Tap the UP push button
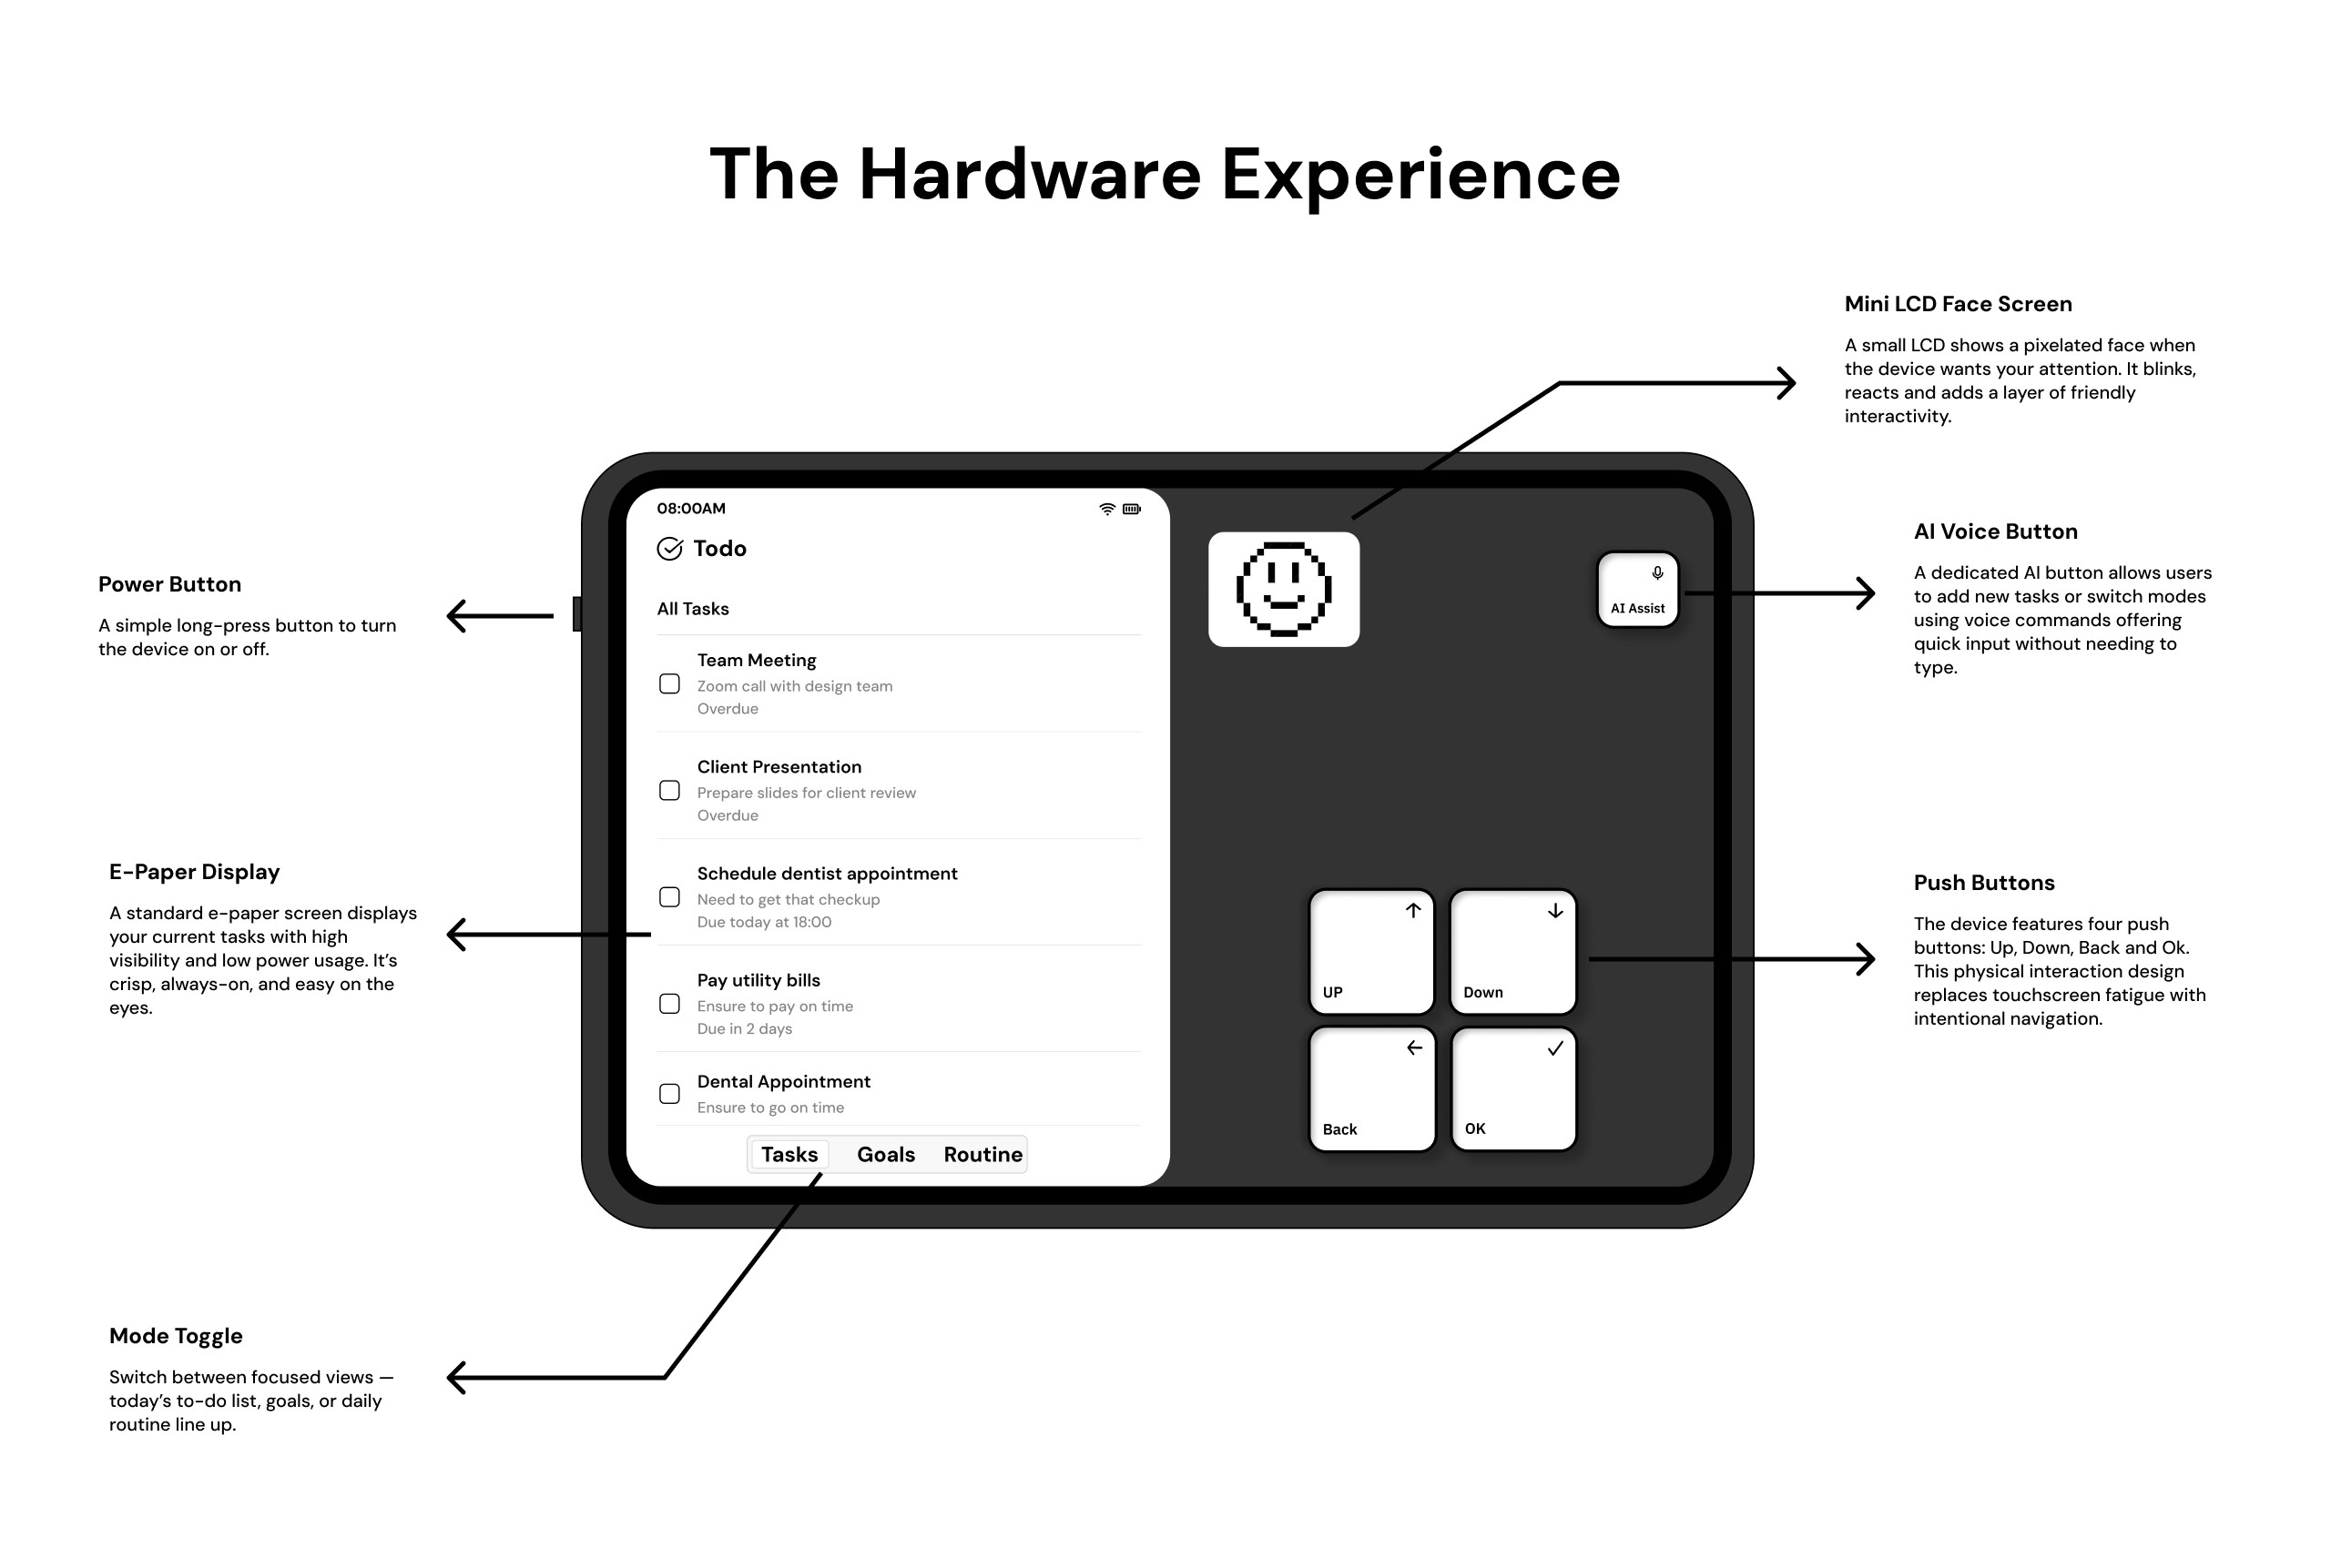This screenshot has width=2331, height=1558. coord(1370,951)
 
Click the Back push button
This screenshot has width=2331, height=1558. coord(1372,1088)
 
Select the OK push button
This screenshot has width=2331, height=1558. coord(1513,1088)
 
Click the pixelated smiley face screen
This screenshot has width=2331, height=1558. coord(1283,589)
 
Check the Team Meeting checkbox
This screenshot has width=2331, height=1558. coord(670,683)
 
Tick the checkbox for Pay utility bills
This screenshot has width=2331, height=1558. coord(670,1004)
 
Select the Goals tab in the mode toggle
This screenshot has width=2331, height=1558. coord(885,1155)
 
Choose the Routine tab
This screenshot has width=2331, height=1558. coord(982,1155)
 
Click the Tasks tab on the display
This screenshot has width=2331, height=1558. coord(789,1155)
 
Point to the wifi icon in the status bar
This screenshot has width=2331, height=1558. coord(1106,509)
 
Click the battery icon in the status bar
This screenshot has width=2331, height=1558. coord(1131,509)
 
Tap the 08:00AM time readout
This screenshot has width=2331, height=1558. coord(691,509)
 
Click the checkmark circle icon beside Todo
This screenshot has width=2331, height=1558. coord(670,549)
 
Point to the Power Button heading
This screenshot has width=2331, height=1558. coord(170,584)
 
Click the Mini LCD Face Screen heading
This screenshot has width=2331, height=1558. coord(1958,304)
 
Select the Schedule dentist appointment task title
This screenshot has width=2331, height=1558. coord(827,874)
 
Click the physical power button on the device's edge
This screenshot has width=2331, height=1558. coord(576,614)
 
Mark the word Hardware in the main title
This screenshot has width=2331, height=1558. coord(1030,175)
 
